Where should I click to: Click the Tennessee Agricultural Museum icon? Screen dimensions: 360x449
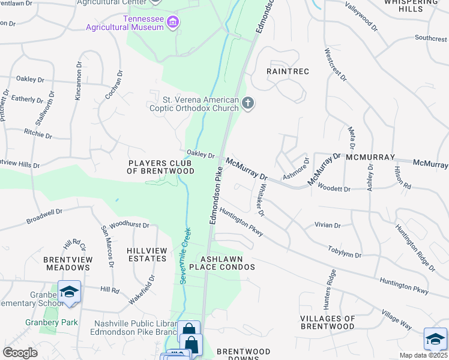(x=173, y=23)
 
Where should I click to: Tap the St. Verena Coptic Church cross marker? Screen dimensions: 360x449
(x=247, y=104)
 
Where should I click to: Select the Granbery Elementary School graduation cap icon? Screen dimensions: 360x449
(x=70, y=292)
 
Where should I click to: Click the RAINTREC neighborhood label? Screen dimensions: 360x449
(x=288, y=71)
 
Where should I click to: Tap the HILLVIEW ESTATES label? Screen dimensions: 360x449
(x=146, y=254)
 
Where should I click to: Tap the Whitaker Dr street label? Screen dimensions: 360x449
(x=261, y=200)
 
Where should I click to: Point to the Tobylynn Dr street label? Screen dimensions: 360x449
(x=345, y=251)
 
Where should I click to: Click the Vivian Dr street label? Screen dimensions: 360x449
(x=328, y=226)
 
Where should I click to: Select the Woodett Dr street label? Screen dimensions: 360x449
(x=336, y=189)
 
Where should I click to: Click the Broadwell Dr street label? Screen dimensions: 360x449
(x=44, y=217)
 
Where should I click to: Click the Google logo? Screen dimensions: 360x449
(x=20, y=353)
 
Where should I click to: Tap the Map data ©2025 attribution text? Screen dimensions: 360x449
(x=423, y=355)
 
